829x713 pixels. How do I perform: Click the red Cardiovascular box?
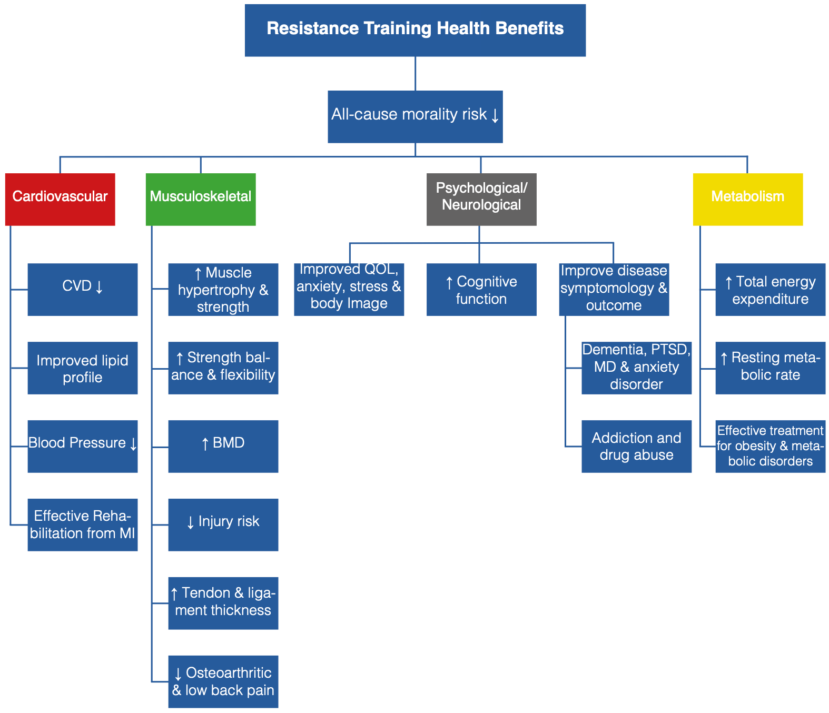60,199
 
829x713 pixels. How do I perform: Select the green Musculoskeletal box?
201,199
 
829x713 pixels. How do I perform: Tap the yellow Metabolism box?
747,199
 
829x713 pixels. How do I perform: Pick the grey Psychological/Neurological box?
481,199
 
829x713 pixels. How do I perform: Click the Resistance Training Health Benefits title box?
415,31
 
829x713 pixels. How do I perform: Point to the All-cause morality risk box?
415,117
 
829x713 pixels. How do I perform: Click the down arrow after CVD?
99,286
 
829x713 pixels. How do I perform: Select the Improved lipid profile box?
83,368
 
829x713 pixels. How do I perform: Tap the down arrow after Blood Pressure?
133,443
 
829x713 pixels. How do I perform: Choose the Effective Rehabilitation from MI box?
83,525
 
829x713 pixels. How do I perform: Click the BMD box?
223,447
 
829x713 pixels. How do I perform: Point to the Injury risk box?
223,525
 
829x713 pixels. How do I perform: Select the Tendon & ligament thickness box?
223,603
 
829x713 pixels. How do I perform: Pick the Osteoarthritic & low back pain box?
223,682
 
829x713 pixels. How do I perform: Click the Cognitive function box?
481,290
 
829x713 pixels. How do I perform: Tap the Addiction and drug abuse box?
636,447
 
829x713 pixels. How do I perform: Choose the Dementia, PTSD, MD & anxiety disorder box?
636,368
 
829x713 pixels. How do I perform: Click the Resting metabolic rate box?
771,368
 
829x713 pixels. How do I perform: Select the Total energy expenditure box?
771,290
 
